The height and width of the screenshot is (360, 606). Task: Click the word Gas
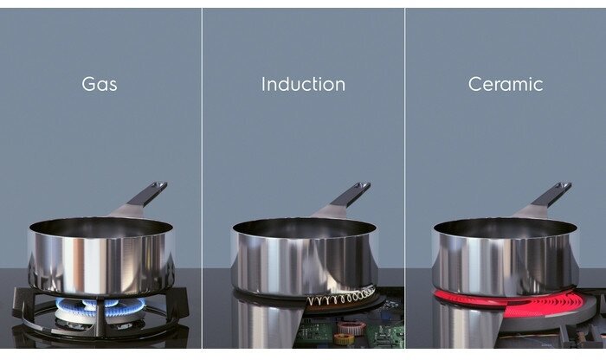pyautogui.click(x=100, y=84)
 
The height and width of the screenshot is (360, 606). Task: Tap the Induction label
pyautogui.click(x=303, y=84)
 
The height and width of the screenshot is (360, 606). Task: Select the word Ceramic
pyautogui.click(x=506, y=84)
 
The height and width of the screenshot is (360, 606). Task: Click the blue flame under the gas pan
pyautogui.click(x=100, y=306)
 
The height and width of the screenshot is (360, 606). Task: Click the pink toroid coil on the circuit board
pyautogui.click(x=351, y=328)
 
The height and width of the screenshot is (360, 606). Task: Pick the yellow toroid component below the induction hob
pyautogui.click(x=343, y=339)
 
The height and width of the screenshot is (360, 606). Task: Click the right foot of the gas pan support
pyautogui.click(x=180, y=305)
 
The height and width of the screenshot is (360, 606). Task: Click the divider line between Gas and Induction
pyautogui.click(x=202, y=178)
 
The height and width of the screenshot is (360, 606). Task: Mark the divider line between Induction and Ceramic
pyautogui.click(x=404, y=178)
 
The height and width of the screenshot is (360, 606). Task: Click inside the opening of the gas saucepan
pyautogui.click(x=100, y=228)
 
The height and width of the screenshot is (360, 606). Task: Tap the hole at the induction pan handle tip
pyautogui.click(x=364, y=186)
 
